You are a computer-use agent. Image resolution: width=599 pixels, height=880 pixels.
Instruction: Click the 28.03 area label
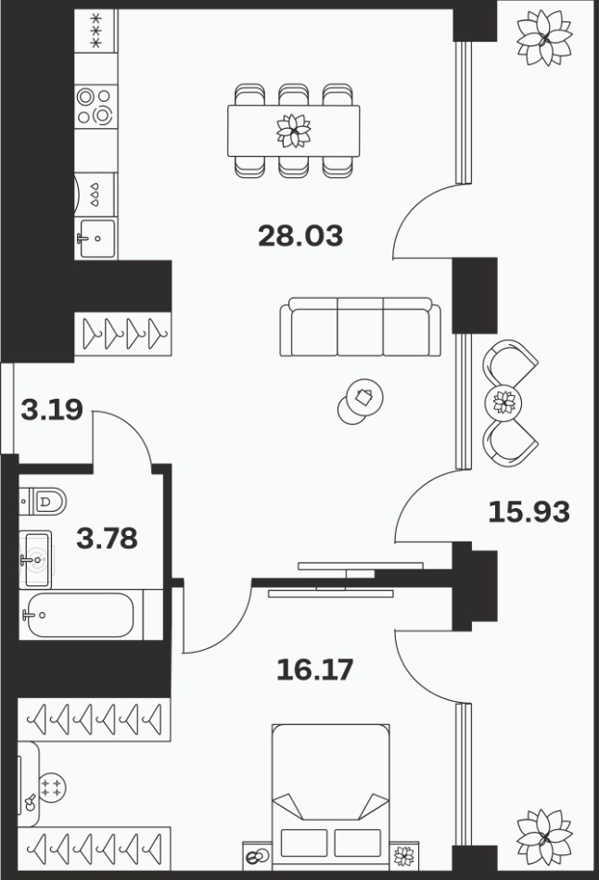click(x=300, y=236)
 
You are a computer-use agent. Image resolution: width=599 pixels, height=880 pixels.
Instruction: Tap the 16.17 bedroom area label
click(x=315, y=670)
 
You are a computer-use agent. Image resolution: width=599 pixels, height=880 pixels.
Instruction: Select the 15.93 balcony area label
click(x=529, y=512)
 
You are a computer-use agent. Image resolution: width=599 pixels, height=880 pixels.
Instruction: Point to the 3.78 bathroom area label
click(x=107, y=538)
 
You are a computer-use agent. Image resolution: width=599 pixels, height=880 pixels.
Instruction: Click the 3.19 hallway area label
click(x=52, y=409)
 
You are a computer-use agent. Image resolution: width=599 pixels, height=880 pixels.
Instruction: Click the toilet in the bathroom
click(x=43, y=501)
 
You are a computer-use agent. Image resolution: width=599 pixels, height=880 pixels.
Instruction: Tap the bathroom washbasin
click(x=35, y=559)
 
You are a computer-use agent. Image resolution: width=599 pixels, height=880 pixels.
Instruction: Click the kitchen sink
click(x=96, y=238)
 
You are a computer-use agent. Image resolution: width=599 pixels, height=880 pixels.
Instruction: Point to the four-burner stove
click(x=96, y=107)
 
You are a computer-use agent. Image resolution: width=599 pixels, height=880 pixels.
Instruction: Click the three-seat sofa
click(x=361, y=326)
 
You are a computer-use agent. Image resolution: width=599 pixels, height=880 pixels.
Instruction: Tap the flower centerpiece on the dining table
click(x=294, y=131)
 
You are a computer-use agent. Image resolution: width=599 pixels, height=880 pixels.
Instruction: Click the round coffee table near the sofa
click(x=365, y=398)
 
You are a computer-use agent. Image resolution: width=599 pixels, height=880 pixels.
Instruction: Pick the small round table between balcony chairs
click(x=503, y=402)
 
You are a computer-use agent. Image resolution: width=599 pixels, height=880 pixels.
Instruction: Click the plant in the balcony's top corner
click(x=544, y=38)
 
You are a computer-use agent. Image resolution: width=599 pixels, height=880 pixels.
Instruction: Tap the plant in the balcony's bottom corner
click(x=544, y=836)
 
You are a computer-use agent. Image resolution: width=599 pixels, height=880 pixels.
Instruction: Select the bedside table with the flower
click(x=403, y=856)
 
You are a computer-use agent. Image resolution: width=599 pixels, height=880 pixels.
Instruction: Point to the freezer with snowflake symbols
click(x=96, y=31)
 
